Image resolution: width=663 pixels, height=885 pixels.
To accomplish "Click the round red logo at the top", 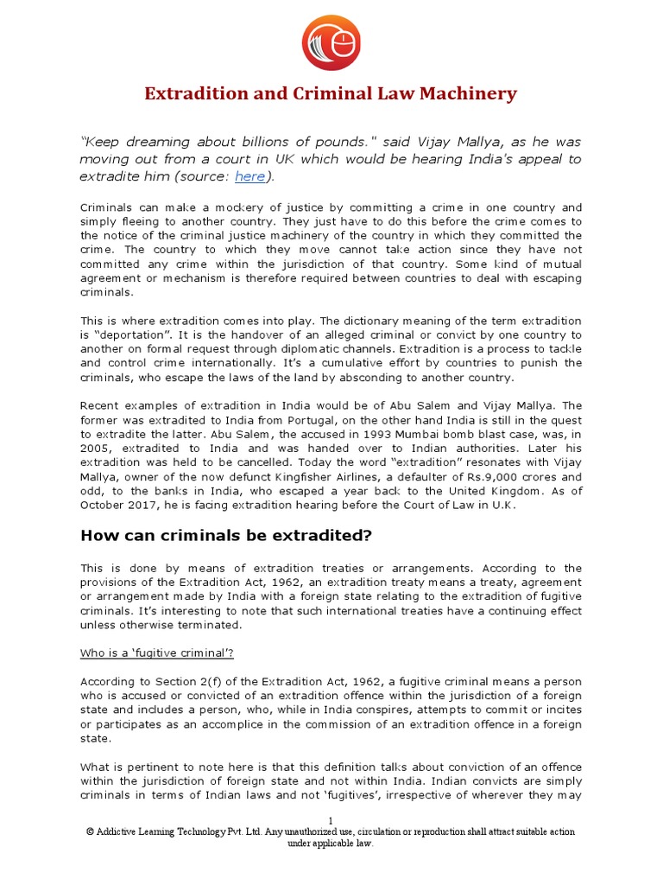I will click(331, 42).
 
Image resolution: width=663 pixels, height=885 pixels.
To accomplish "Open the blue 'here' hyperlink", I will click(249, 176).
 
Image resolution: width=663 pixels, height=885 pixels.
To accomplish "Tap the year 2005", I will click(96, 449).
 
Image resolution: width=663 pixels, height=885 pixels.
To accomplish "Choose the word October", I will click(103, 505).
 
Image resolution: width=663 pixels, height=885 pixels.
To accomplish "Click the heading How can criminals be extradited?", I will click(225, 536).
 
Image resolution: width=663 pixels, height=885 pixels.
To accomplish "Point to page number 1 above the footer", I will click(330, 819).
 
